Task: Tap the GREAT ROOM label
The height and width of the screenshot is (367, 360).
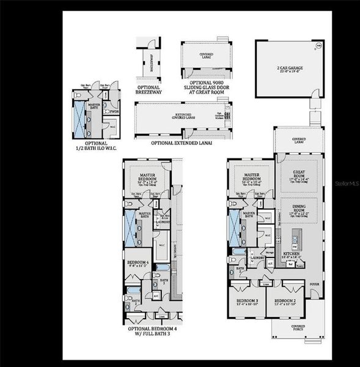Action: point(298,174)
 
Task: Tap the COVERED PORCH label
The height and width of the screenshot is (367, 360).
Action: point(298,328)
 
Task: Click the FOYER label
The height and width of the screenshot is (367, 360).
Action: point(314,284)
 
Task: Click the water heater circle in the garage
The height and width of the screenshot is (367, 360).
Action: point(317,46)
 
